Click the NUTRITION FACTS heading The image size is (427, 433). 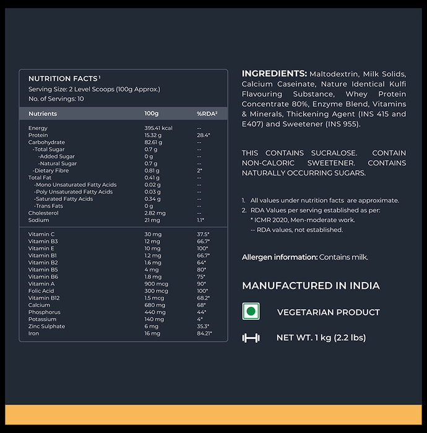63,79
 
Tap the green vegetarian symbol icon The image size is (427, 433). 251,311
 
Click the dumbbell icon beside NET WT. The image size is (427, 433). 251,338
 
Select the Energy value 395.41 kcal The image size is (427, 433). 158,128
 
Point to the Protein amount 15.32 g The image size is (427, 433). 153,135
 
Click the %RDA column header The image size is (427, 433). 207,114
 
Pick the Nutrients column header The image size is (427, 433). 43,114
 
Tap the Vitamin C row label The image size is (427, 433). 41,234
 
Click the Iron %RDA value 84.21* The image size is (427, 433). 204,333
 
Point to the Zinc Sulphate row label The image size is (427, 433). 46,326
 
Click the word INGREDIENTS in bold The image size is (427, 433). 274,73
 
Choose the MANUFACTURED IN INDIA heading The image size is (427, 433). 311,286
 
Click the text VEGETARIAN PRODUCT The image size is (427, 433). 329,312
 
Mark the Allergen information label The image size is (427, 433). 280,257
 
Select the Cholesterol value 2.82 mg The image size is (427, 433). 155,213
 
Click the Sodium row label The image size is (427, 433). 38,220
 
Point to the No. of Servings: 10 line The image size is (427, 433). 56,99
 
